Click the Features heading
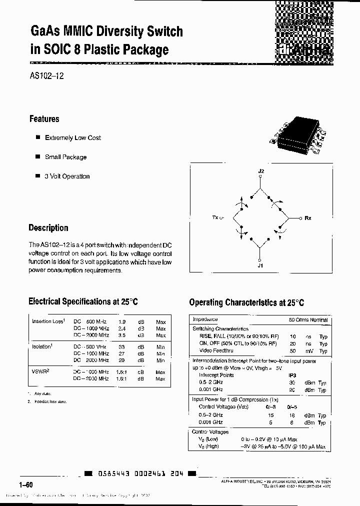pyautogui.click(x=44, y=119)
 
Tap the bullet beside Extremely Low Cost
pyautogui.click(x=37, y=137)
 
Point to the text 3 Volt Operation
pyautogui.click(x=67, y=176)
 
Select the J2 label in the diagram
pyautogui.click(x=260, y=171)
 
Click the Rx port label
pyautogui.click(x=308, y=218)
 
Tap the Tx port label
pyautogui.click(x=216, y=218)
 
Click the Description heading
pyautogui.click(x=48, y=228)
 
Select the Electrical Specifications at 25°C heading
pyautogui.click(x=83, y=301)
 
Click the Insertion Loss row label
pyautogui.click(x=48, y=321)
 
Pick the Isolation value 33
pyautogui.click(x=121, y=346)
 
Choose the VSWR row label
pyautogui.click(x=40, y=372)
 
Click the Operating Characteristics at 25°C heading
pyautogui.click(x=246, y=302)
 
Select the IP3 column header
pyautogui.click(x=292, y=375)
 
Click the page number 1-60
pyautogui.click(x=26, y=485)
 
